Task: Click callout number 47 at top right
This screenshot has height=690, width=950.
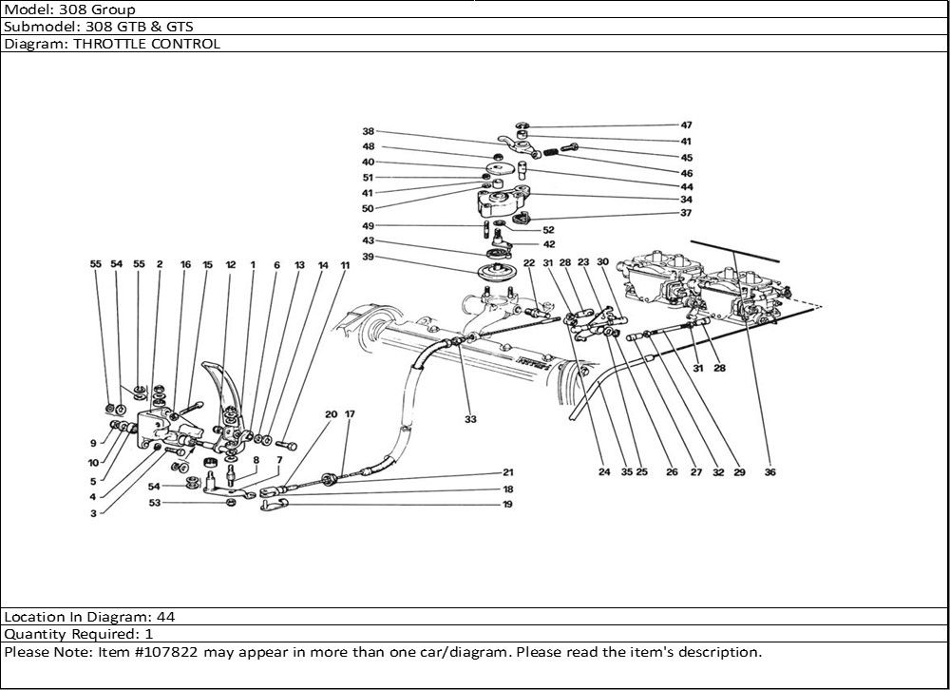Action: pyautogui.click(x=686, y=125)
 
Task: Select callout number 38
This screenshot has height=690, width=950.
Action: pyautogui.click(x=368, y=131)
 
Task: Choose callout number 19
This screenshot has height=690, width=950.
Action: pyautogui.click(x=508, y=504)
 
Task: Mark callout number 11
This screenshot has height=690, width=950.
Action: pyautogui.click(x=344, y=267)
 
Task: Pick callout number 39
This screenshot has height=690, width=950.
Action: pyautogui.click(x=368, y=257)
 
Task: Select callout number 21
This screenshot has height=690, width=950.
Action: pyautogui.click(x=508, y=472)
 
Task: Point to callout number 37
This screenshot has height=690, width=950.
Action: pyautogui.click(x=686, y=214)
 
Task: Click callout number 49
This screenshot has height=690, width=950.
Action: pyautogui.click(x=368, y=226)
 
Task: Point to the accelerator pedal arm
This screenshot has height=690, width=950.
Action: pyautogui.click(x=225, y=390)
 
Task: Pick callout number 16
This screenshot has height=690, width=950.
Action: pyautogui.click(x=185, y=267)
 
